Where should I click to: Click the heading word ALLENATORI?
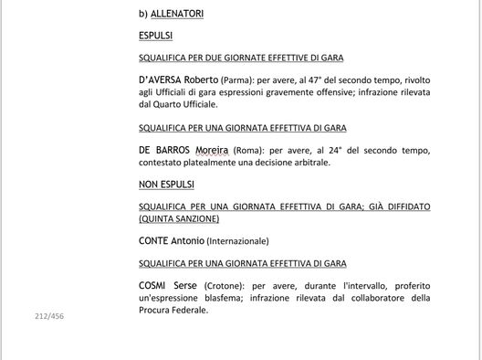pyautogui.click(x=178, y=15)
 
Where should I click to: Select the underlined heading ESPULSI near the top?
pyautogui.click(x=155, y=36)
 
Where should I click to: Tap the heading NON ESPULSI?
pyautogui.click(x=166, y=184)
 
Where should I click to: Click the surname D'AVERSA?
pyautogui.click(x=159, y=79)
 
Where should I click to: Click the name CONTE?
pyautogui.click(x=154, y=240)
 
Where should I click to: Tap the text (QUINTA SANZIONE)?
pyautogui.click(x=179, y=218)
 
